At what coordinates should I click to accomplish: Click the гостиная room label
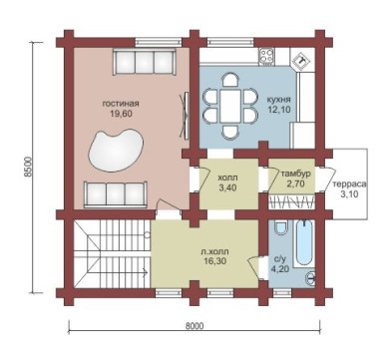[121, 104]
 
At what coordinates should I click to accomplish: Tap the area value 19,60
[121, 114]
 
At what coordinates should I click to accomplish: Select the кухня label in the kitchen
[279, 100]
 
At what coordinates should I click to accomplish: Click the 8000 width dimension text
[194, 326]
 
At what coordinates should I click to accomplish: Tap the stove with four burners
[266, 55]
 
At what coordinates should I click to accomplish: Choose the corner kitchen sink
[302, 60]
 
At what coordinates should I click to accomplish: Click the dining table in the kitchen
[229, 106]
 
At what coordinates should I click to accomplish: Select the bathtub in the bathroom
[304, 242]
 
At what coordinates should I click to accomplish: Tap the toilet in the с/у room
[282, 229]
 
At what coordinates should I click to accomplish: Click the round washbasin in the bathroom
[310, 276]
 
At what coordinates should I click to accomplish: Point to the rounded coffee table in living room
[116, 151]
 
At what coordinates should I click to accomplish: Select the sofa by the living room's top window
[144, 63]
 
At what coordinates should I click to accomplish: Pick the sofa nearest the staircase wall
[116, 194]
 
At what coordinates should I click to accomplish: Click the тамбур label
[295, 174]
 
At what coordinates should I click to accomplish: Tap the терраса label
[349, 184]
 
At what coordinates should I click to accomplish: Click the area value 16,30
[215, 261]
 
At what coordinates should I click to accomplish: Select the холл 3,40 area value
[227, 187]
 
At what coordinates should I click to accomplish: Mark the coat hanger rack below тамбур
[291, 201]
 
